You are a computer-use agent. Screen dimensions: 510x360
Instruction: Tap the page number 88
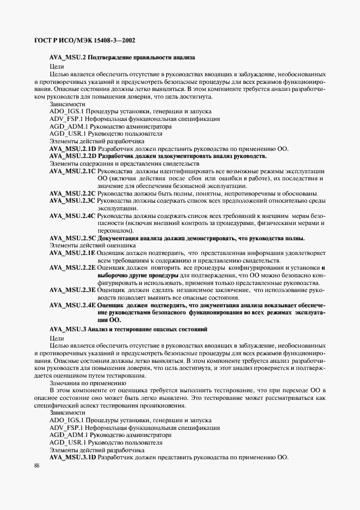click(36, 465)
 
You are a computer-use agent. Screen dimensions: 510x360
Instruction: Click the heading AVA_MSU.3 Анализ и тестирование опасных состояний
click(128, 330)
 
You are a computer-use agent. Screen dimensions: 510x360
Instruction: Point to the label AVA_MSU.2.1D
click(72, 149)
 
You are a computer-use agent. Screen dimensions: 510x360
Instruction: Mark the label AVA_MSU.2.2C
click(72, 193)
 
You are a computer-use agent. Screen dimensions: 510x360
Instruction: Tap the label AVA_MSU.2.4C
click(72, 216)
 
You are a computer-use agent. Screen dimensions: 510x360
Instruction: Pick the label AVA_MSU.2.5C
click(72, 238)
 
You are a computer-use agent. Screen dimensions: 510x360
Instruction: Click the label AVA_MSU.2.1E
click(72, 253)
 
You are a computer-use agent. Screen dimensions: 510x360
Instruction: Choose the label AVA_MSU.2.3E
click(72, 290)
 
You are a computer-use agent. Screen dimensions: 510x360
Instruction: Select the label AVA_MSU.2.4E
click(72, 306)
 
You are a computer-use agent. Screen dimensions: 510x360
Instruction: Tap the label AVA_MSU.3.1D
click(72, 457)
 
